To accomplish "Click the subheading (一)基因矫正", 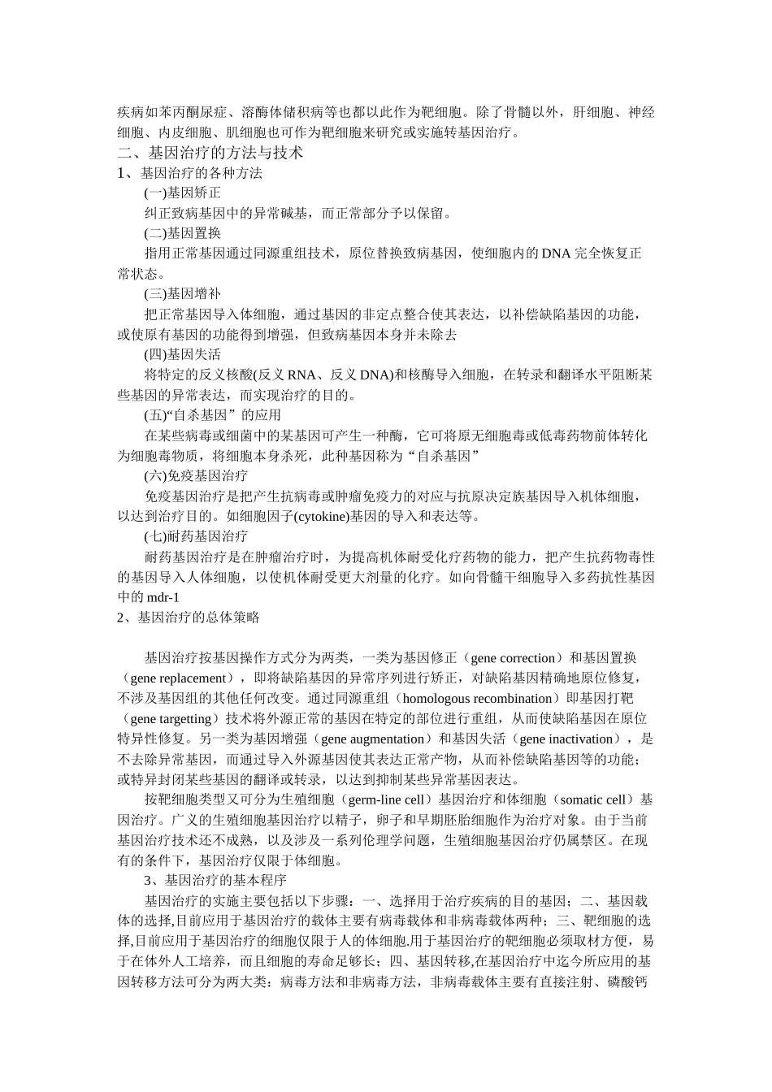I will (x=182, y=193).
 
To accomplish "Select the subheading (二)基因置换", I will (x=182, y=233).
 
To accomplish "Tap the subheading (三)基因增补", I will (x=182, y=294).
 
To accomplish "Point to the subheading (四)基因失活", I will (x=182, y=354).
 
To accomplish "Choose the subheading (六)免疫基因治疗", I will (x=196, y=475).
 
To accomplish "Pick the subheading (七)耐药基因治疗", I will (x=196, y=536).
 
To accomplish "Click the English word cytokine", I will (x=323, y=516).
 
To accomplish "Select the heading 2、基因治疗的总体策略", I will (x=189, y=617).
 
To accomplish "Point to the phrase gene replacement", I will (x=177, y=678).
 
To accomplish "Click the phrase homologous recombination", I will (x=477, y=699).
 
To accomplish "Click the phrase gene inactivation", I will (x=569, y=739).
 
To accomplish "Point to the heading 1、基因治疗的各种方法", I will (x=189, y=173).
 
